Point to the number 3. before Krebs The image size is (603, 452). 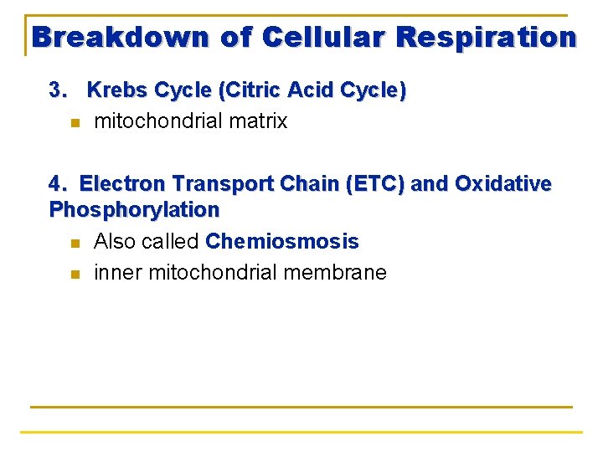(59, 90)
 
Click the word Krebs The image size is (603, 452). (116, 90)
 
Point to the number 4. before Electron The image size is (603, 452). (59, 184)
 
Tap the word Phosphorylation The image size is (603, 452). (134, 209)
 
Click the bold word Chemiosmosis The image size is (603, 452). (281, 243)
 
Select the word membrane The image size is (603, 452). (343, 273)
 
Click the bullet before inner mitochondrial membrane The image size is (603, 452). (74, 275)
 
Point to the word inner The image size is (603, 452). (114, 273)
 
